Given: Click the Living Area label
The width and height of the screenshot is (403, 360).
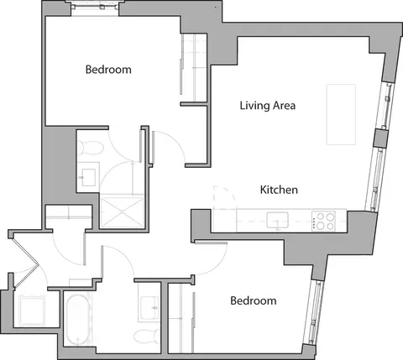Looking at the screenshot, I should (x=266, y=106).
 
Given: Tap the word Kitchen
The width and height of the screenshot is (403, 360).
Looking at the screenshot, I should (x=279, y=190).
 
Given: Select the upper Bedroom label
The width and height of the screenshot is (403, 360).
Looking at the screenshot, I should (x=108, y=70).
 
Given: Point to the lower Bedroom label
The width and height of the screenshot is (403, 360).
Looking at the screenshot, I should (x=254, y=300).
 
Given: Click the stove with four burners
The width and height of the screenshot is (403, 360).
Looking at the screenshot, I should (x=323, y=222).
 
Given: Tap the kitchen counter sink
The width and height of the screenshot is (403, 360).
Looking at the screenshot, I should (x=278, y=221).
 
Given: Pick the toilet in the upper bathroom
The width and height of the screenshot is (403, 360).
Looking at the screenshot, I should (x=91, y=148).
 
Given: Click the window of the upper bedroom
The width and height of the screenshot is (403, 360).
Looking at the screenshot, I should (x=94, y=8).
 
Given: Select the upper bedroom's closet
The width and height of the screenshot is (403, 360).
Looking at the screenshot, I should (x=192, y=65).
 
